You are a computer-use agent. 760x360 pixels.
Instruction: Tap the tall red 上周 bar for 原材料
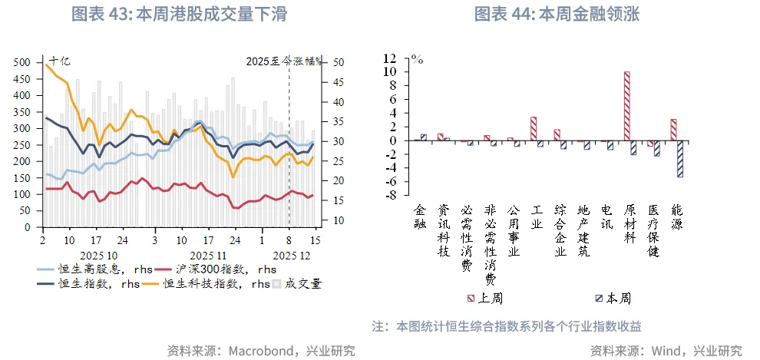(627, 106)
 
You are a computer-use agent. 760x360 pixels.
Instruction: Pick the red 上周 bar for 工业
(534, 129)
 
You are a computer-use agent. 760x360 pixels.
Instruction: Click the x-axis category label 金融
(419, 216)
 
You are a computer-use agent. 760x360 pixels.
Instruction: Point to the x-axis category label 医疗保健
(653, 230)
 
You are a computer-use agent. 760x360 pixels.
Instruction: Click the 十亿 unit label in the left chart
(59, 61)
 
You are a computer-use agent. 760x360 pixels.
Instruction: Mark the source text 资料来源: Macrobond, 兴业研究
(261, 351)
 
